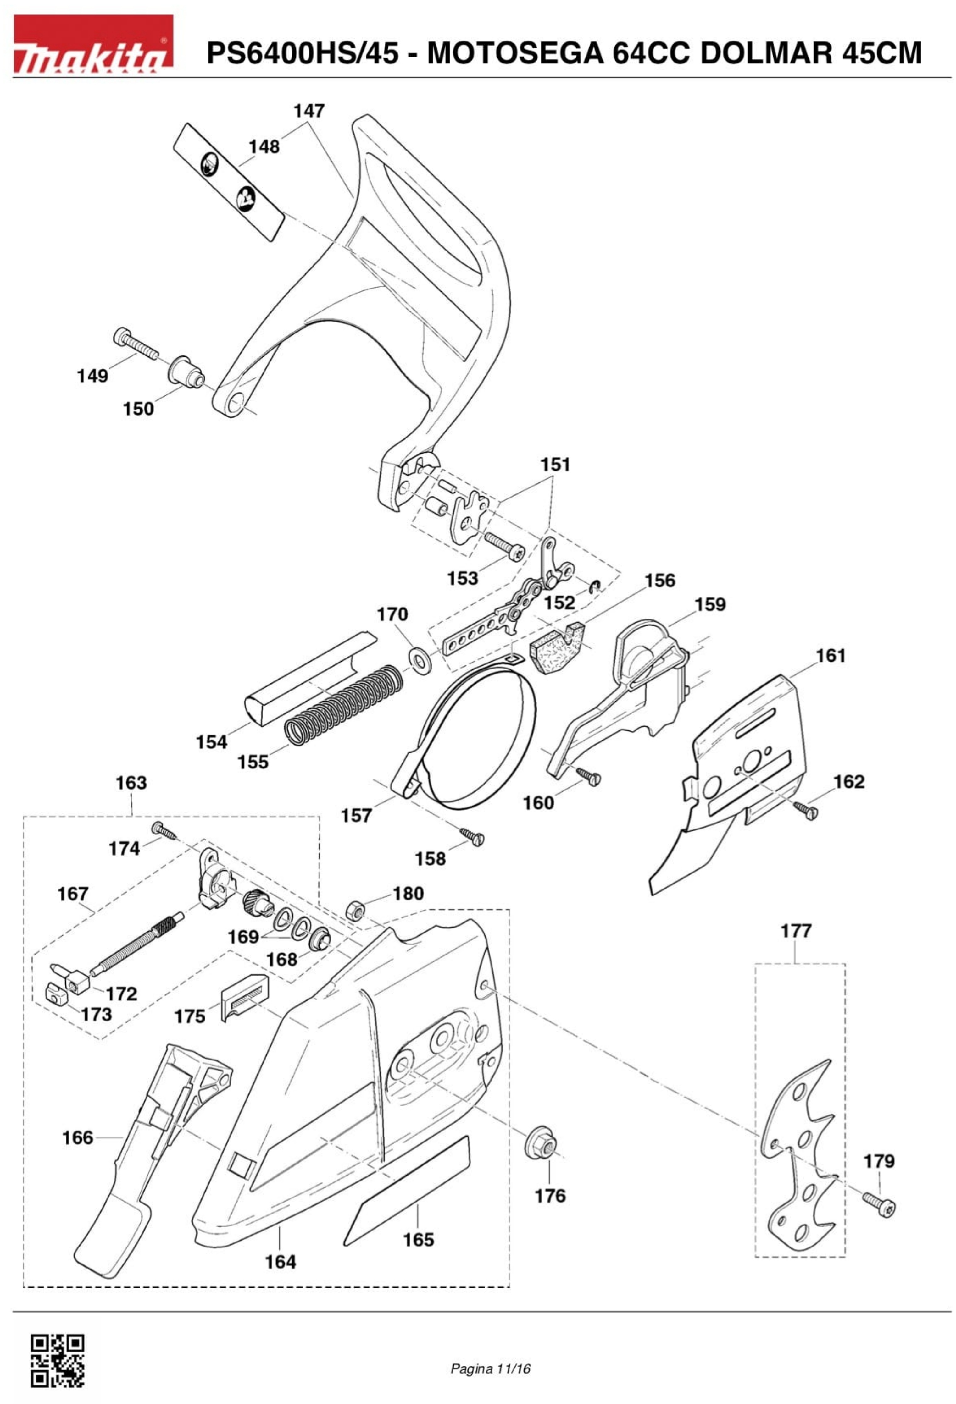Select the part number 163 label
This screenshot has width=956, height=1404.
pyautogui.click(x=131, y=783)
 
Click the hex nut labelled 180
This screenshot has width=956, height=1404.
pyautogui.click(x=353, y=910)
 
